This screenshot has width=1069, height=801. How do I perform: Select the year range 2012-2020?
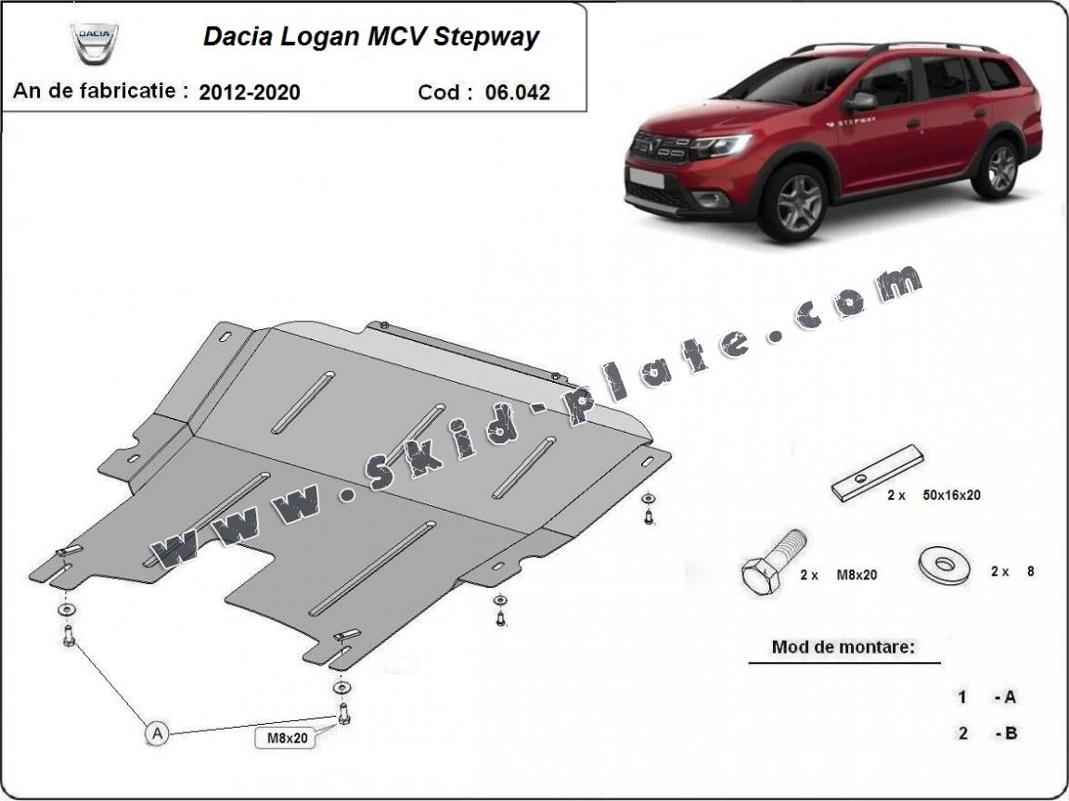(x=249, y=92)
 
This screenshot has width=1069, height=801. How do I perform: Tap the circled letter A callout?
(x=157, y=734)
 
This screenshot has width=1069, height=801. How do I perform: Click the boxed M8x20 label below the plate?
(x=285, y=738)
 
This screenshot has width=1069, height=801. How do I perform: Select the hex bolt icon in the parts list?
(x=769, y=563)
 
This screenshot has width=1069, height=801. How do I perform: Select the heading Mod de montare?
(x=843, y=647)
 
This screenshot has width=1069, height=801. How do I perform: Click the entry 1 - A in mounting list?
(x=988, y=696)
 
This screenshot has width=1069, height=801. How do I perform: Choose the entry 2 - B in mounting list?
(x=988, y=732)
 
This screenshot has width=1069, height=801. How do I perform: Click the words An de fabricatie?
(x=100, y=92)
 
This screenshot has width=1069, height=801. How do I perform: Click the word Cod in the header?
(x=441, y=92)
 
